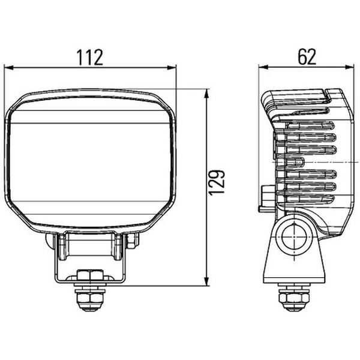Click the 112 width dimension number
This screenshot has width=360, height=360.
[89, 58]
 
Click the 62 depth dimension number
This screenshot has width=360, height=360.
[307, 57]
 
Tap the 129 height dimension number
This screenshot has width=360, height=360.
[216, 183]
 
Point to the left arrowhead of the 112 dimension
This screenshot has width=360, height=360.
[9, 68]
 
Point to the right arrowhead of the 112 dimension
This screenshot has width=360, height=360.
[172, 68]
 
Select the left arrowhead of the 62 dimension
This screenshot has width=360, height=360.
[263, 67]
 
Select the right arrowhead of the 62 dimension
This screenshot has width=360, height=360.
[350, 67]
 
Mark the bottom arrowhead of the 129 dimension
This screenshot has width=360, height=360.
[206, 281]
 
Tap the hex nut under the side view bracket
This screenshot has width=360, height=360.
[294, 298]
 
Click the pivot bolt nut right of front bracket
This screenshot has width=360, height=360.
[133, 241]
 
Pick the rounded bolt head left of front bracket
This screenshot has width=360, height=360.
[50, 241]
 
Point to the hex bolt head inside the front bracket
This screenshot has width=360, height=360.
[90, 275]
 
